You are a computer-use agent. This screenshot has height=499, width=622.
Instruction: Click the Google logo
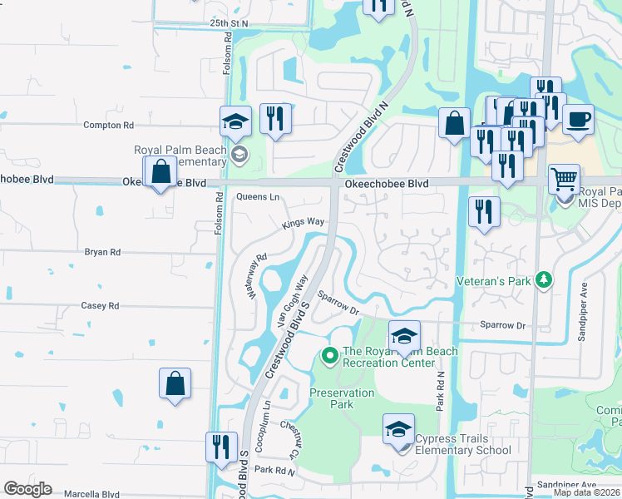pyautogui.click(x=27, y=489)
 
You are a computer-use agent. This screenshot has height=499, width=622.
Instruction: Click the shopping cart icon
pyautogui.click(x=564, y=178)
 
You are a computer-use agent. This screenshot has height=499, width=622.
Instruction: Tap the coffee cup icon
pyautogui.click(x=578, y=118)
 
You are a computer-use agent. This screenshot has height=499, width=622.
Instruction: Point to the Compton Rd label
pyautogui.click(x=108, y=125)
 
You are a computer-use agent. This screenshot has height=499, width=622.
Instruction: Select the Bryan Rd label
pyautogui.click(x=102, y=251)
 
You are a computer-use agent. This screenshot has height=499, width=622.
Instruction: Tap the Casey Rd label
pyautogui.click(x=100, y=305)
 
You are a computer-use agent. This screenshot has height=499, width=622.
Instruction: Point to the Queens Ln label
pyautogui.click(x=258, y=197)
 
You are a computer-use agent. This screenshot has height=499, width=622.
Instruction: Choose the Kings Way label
pyautogui.click(x=303, y=223)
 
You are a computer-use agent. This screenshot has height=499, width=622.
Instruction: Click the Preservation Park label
pyautogui.click(x=343, y=398)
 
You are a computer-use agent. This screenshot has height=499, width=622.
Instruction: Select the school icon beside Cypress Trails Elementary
pyautogui.click(x=398, y=430)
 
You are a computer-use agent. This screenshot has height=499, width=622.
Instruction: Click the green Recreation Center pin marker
pyautogui.click(x=329, y=357)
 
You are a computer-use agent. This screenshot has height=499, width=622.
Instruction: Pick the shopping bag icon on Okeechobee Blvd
pyautogui.click(x=160, y=172)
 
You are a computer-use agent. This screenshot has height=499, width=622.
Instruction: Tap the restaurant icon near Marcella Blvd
pyautogui.click(x=221, y=447)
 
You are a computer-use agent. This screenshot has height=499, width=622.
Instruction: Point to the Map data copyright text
pyautogui.click(x=585, y=492)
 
